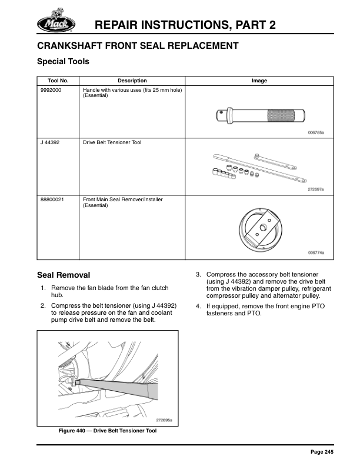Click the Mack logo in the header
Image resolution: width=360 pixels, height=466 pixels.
tap(56, 22)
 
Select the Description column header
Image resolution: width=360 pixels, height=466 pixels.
tap(132, 81)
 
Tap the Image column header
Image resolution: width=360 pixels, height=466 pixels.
tap(259, 81)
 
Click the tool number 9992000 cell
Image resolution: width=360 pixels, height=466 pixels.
tap(51, 90)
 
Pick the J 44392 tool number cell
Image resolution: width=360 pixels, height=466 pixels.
tap(50, 142)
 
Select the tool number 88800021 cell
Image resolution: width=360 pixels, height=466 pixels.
tap(52, 200)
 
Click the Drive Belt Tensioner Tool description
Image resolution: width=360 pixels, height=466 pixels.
tap(112, 142)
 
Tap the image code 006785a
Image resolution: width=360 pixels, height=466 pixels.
tap(316, 133)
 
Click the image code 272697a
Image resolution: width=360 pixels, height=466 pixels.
tap(316, 189)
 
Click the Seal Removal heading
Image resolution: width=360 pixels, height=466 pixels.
tap(64, 275)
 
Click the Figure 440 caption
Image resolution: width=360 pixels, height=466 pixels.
tap(107, 430)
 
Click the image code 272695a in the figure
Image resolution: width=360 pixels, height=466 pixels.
tap(165, 420)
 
